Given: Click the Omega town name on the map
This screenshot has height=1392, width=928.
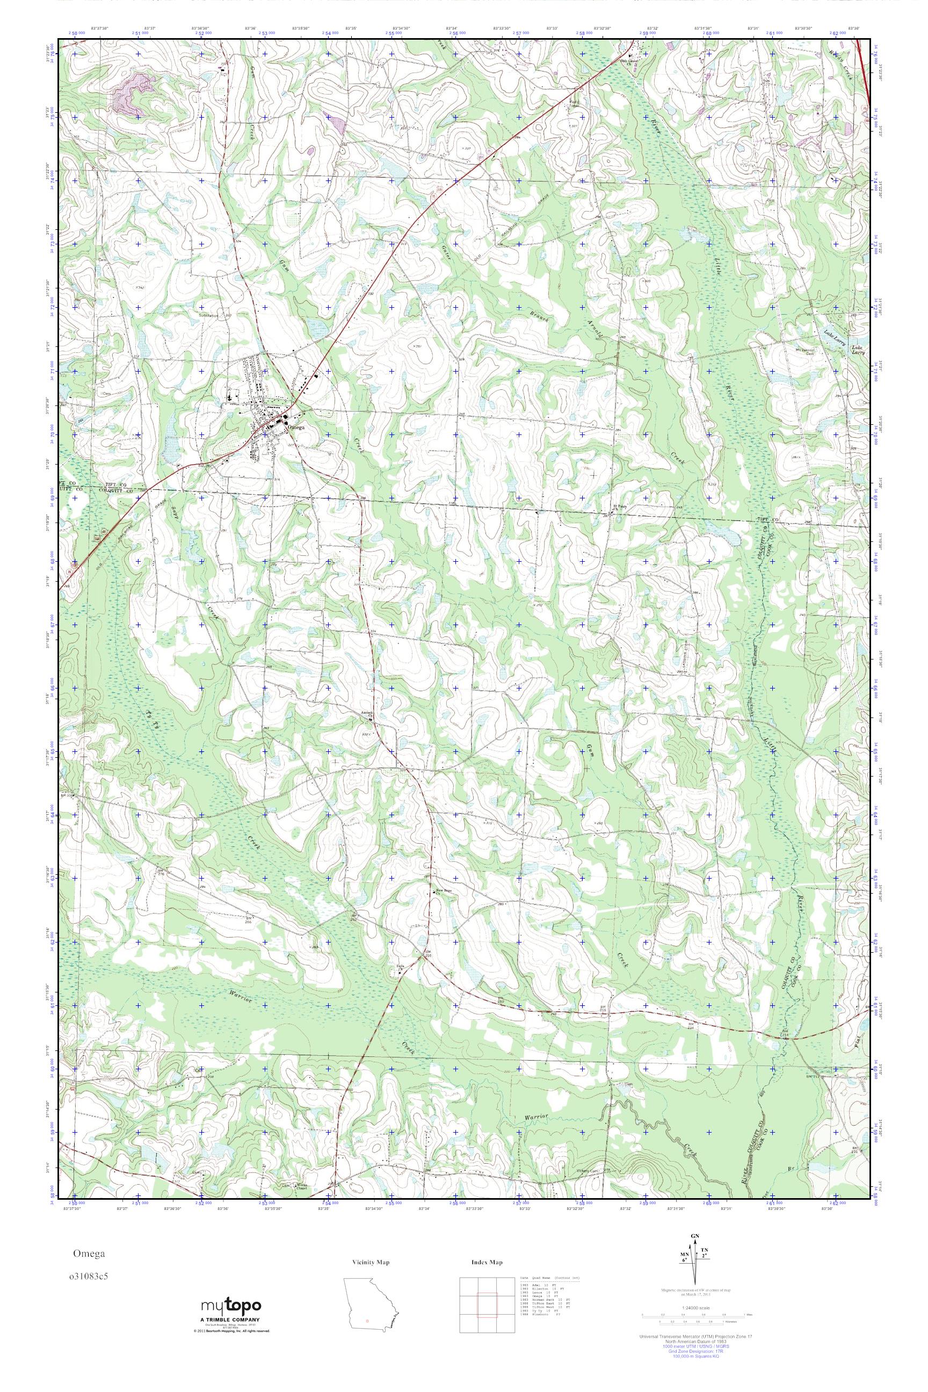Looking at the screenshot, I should [x=296, y=427].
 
